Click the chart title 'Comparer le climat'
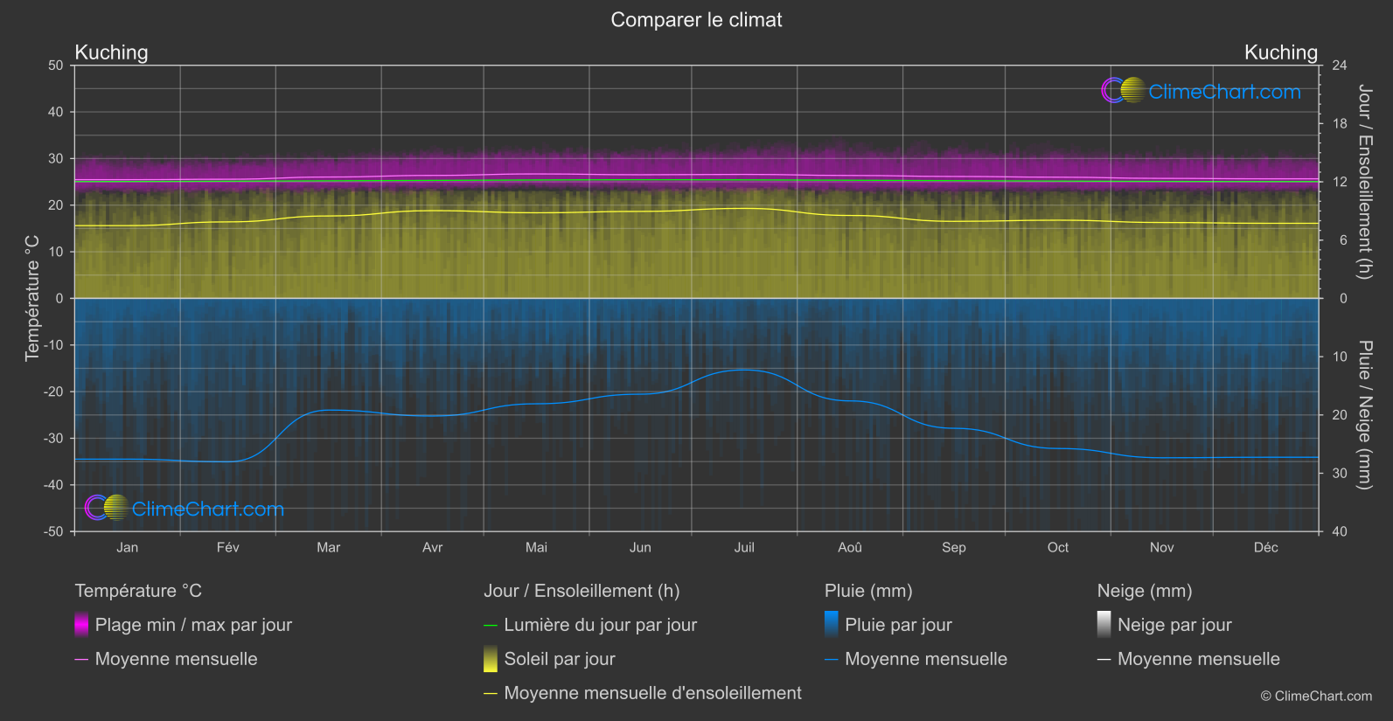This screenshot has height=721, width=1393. (696, 20)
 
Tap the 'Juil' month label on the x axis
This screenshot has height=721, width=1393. (744, 547)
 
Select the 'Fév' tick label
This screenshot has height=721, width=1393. (227, 547)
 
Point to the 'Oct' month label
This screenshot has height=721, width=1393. (1058, 547)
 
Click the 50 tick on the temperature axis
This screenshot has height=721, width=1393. (56, 66)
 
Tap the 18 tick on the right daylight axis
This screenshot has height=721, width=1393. (1340, 123)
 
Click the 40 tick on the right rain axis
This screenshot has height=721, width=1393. (1340, 531)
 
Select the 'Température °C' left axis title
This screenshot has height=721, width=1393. (32, 298)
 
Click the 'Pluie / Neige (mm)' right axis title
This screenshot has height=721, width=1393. (1364, 414)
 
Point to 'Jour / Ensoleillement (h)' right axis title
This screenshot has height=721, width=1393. (1364, 182)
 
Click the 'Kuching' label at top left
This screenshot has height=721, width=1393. (111, 52)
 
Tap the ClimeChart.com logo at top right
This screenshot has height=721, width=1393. (1201, 91)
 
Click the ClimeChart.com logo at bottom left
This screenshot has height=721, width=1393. (185, 509)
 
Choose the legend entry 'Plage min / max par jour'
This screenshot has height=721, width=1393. (193, 625)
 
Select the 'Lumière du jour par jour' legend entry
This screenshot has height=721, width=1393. (600, 625)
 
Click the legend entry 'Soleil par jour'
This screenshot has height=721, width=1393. (560, 659)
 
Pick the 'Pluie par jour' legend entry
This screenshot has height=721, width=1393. (898, 625)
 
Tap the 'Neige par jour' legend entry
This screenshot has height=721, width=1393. (1174, 625)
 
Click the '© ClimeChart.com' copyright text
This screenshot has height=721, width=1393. (1316, 697)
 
